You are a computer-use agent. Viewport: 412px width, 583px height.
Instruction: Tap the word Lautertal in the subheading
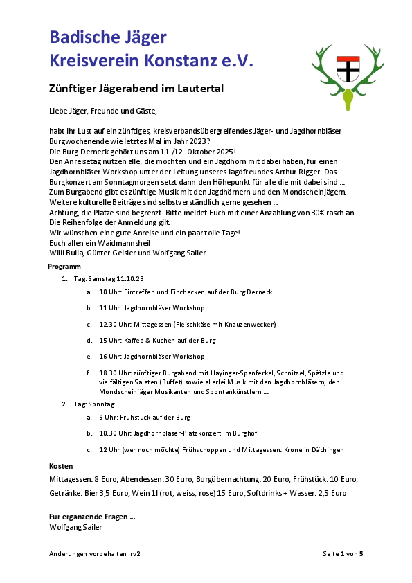[197, 89]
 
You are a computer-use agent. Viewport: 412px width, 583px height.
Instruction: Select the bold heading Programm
[64, 267]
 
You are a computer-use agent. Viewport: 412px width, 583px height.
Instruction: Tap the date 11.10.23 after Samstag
[130, 278]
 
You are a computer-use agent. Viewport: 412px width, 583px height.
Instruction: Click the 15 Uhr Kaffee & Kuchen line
[158, 341]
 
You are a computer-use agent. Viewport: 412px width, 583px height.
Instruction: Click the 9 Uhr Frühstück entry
[145, 418]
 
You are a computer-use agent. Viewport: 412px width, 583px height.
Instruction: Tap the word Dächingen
[324, 450]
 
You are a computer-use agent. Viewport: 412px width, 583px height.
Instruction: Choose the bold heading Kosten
[62, 466]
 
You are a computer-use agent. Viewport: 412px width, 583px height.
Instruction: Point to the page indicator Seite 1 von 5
[343, 554]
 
